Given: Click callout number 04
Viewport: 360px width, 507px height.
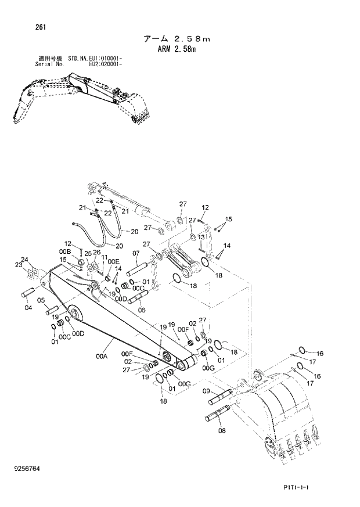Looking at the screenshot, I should tap(28, 308).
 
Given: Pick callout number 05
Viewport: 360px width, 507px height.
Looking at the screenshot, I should tap(42, 300).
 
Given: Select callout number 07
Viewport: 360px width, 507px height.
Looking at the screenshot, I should tap(135, 253).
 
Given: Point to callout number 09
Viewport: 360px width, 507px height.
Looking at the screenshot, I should tap(206, 391).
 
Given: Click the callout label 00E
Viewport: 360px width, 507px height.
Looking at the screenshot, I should tap(114, 262).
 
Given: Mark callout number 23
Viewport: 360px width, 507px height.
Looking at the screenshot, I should tap(19, 265).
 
